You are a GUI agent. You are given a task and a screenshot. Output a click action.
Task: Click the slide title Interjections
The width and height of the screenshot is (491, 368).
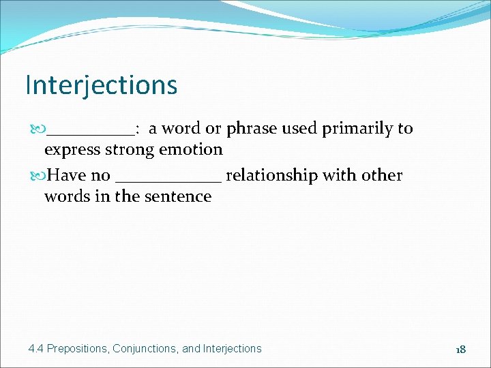[x=101, y=85]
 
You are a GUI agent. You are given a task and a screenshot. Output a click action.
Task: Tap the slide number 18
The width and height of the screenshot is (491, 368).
[x=460, y=349]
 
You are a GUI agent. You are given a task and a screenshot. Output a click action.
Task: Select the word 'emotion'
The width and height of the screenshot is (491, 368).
[x=192, y=149]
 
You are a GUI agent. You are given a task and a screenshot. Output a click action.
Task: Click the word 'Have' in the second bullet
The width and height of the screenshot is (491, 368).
[x=66, y=175]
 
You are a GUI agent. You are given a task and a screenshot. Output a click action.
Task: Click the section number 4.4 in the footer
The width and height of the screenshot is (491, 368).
[x=36, y=349]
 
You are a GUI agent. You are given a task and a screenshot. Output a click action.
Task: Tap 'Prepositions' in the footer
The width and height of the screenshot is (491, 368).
[x=77, y=349]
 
